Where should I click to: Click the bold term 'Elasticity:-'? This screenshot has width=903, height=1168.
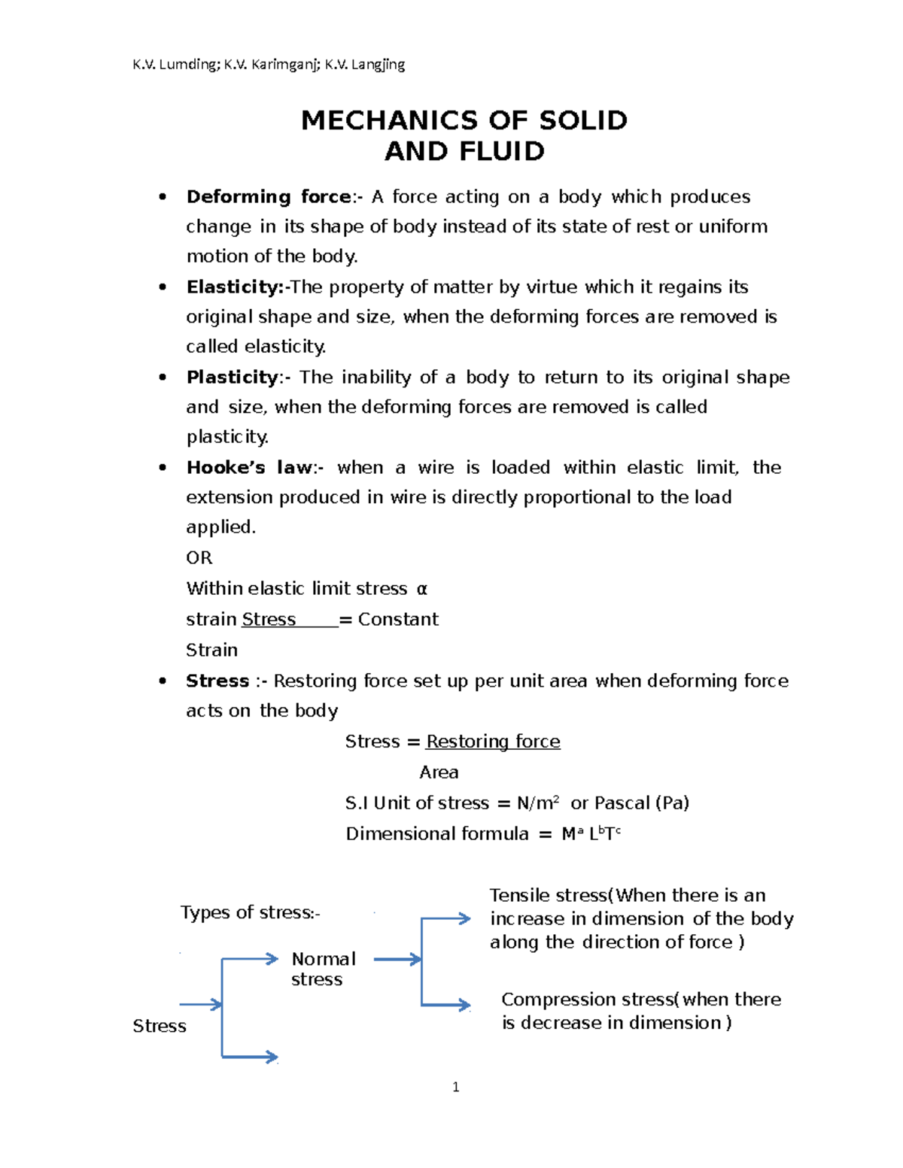coord(238,287)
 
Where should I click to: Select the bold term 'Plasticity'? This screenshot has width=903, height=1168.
coord(233,378)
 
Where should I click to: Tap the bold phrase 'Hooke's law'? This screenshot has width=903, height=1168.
coord(249,468)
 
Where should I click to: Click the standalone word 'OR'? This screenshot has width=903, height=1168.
coord(199,558)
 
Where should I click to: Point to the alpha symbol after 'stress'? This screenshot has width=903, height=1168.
coord(421,589)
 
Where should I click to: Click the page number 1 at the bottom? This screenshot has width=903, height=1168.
coord(456,1087)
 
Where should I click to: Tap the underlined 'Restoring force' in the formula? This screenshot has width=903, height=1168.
coord(493,742)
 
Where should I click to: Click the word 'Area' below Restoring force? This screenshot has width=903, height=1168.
coord(439,772)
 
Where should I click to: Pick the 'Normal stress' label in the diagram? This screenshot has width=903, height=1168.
coord(323,969)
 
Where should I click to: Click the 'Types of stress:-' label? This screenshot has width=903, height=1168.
coord(250,913)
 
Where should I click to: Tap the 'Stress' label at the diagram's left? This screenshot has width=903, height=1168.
coord(160,1027)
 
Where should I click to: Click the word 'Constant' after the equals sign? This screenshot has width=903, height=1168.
coord(398,620)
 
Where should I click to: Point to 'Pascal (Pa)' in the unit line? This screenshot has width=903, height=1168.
coord(642,803)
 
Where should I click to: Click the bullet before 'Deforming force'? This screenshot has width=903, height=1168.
coord(163,197)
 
